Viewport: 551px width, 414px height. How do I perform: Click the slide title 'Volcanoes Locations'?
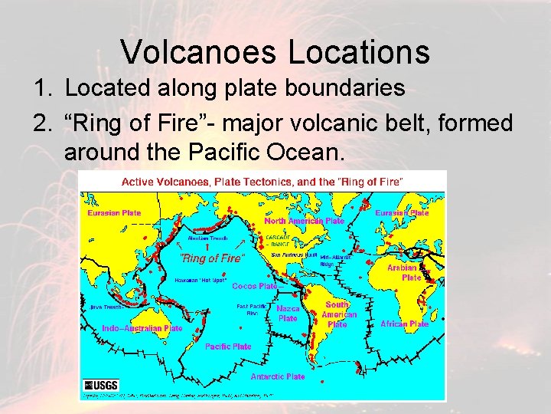(x=275, y=51)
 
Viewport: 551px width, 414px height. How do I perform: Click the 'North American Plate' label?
(x=304, y=221)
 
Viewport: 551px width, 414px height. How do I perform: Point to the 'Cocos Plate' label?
(x=254, y=286)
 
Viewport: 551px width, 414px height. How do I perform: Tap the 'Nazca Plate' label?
(x=288, y=313)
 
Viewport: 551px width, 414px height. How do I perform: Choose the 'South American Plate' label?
(x=337, y=314)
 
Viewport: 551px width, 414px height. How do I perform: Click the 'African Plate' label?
(x=404, y=324)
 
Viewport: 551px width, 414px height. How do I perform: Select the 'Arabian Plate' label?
(x=403, y=272)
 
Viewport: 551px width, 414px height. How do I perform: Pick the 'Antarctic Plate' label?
(x=277, y=376)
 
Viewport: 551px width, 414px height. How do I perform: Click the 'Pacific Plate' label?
(x=228, y=347)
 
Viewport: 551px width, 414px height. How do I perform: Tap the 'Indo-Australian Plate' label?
(x=142, y=328)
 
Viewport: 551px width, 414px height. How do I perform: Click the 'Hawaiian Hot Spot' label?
(x=201, y=281)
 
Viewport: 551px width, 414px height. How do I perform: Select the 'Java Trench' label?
(x=106, y=307)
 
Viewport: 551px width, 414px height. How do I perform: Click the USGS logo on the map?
(x=101, y=385)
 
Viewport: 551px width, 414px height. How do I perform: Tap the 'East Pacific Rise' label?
(x=251, y=309)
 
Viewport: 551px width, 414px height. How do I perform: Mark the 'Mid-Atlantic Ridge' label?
(x=336, y=260)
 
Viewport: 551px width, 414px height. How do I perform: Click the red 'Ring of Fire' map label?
(x=212, y=258)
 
